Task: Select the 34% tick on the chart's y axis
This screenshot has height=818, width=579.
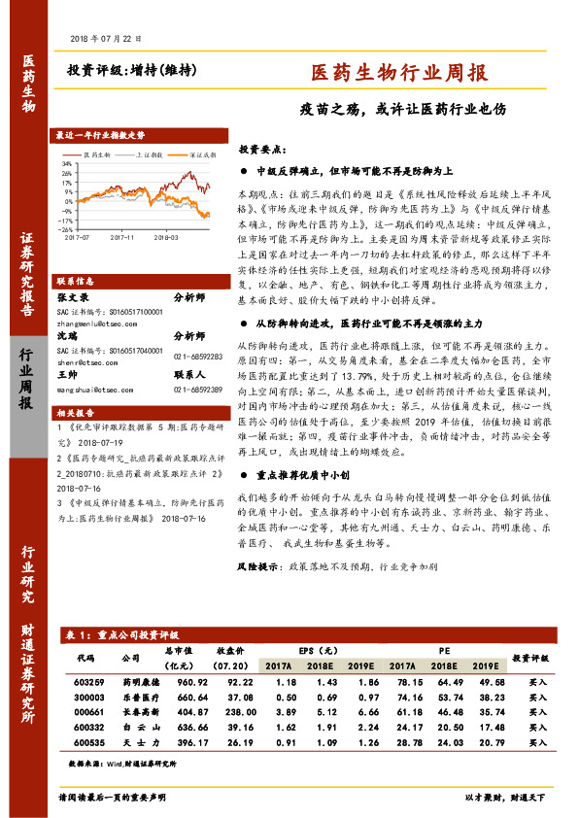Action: coord(67,164)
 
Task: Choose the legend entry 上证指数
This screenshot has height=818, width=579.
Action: coord(148,153)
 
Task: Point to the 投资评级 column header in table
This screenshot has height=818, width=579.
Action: coord(531,658)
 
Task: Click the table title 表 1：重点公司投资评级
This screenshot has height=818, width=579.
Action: coord(116,633)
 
